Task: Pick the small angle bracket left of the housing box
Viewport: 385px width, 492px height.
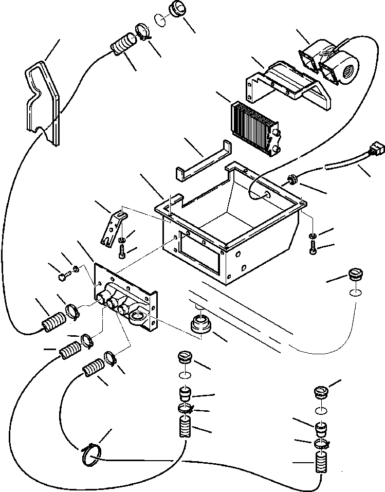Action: coord(111,226)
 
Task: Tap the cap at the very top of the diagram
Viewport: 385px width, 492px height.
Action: coord(176,10)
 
